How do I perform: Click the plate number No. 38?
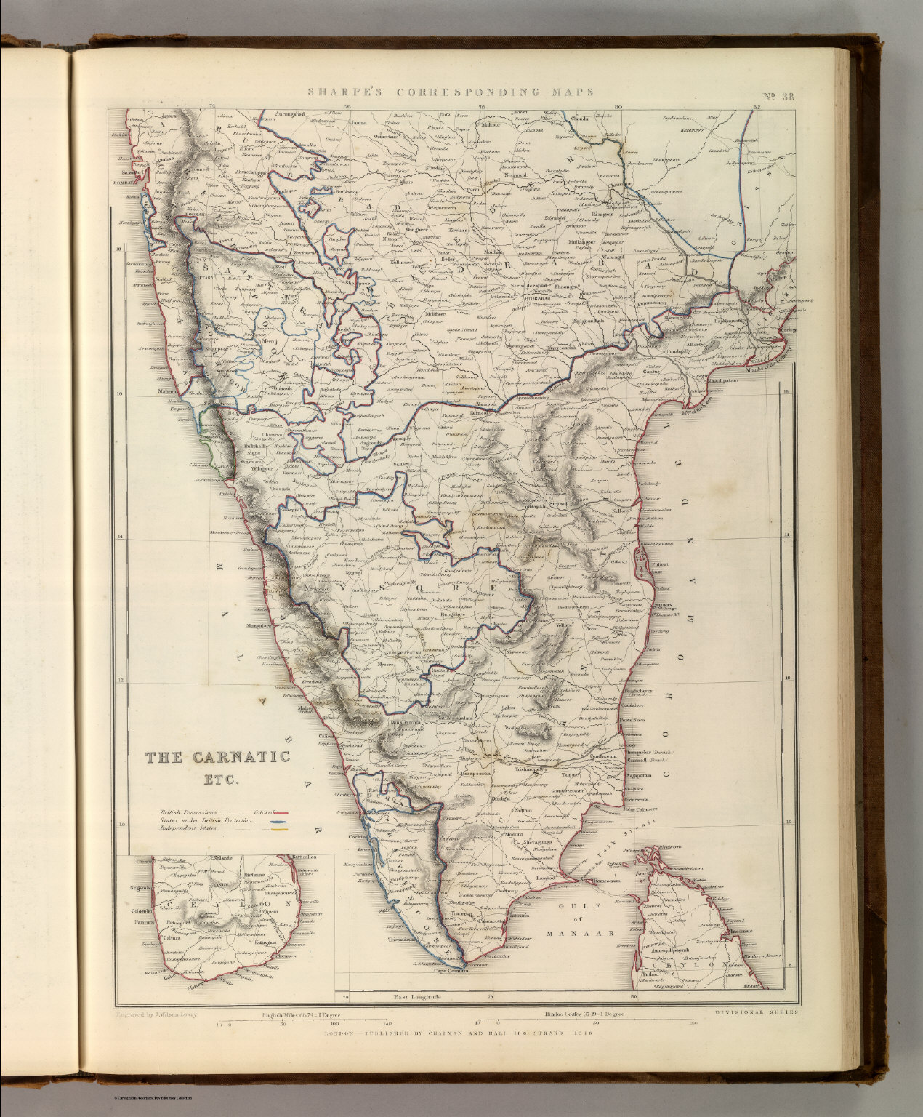778,92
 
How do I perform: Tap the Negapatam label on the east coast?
637,777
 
